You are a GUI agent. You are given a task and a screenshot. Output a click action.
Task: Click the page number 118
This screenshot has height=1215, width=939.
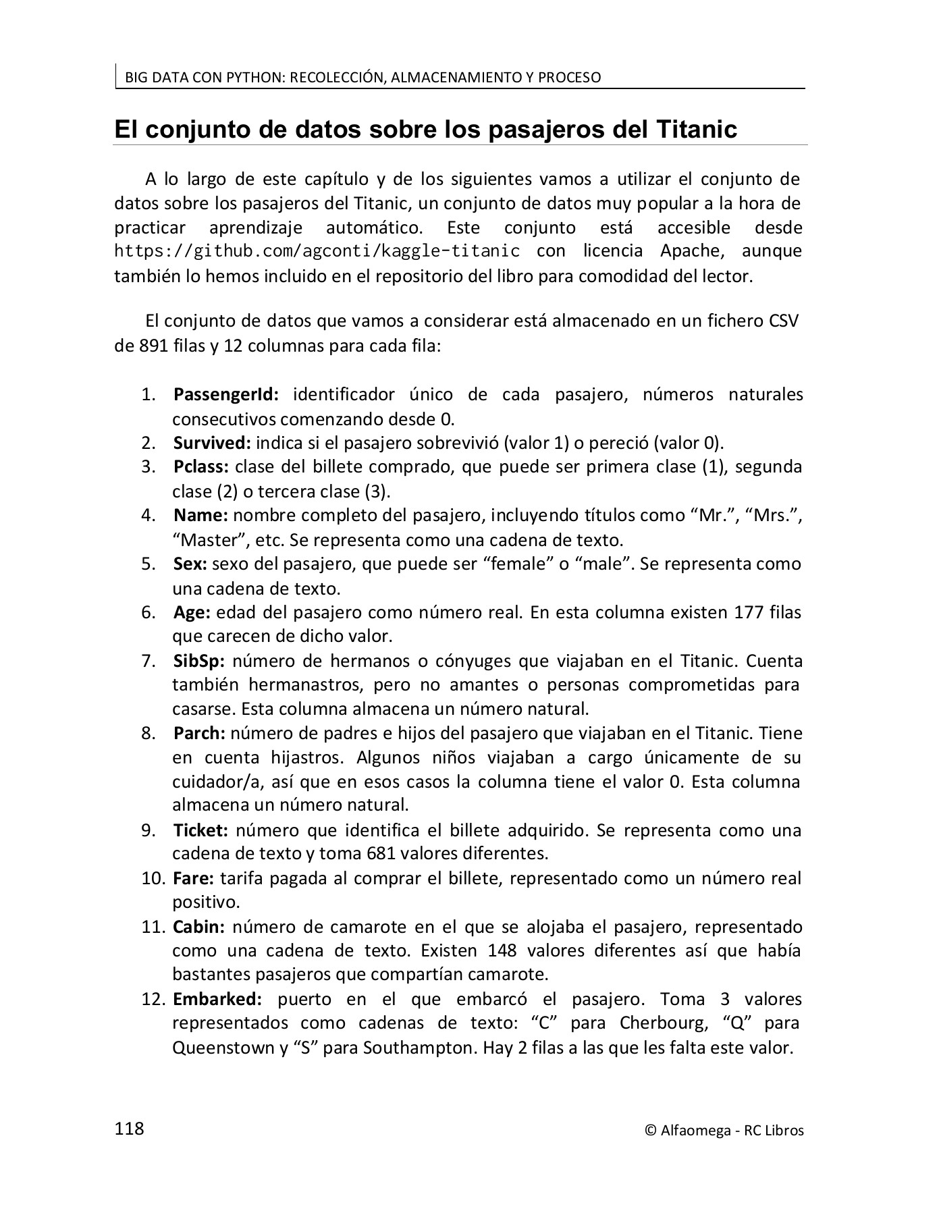coord(130,1129)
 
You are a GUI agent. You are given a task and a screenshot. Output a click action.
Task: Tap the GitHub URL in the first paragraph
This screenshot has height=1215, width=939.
coord(317,251)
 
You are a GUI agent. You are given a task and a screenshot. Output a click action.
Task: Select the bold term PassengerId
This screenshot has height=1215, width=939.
coord(226,394)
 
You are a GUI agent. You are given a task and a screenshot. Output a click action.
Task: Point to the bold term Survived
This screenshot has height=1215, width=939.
coord(212,443)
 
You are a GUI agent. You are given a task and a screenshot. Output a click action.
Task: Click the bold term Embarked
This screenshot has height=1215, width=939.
coord(217,999)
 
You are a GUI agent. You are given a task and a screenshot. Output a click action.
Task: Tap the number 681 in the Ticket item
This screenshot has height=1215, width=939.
coord(381,854)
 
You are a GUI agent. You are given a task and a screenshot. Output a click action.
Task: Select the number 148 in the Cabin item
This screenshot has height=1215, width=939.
coord(502,951)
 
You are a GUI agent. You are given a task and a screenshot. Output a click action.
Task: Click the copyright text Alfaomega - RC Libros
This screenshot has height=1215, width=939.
coord(724,1131)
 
